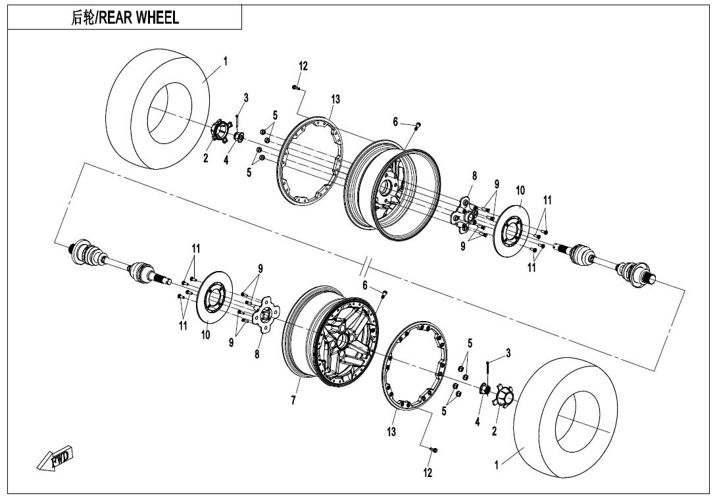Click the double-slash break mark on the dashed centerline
pyautogui.click(x=366, y=266)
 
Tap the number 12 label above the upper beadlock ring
pyautogui.click(x=303, y=66)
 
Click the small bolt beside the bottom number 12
pyautogui.click(x=433, y=450)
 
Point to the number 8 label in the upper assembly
pyautogui.click(x=474, y=176)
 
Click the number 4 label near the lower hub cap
pyautogui.click(x=478, y=422)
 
